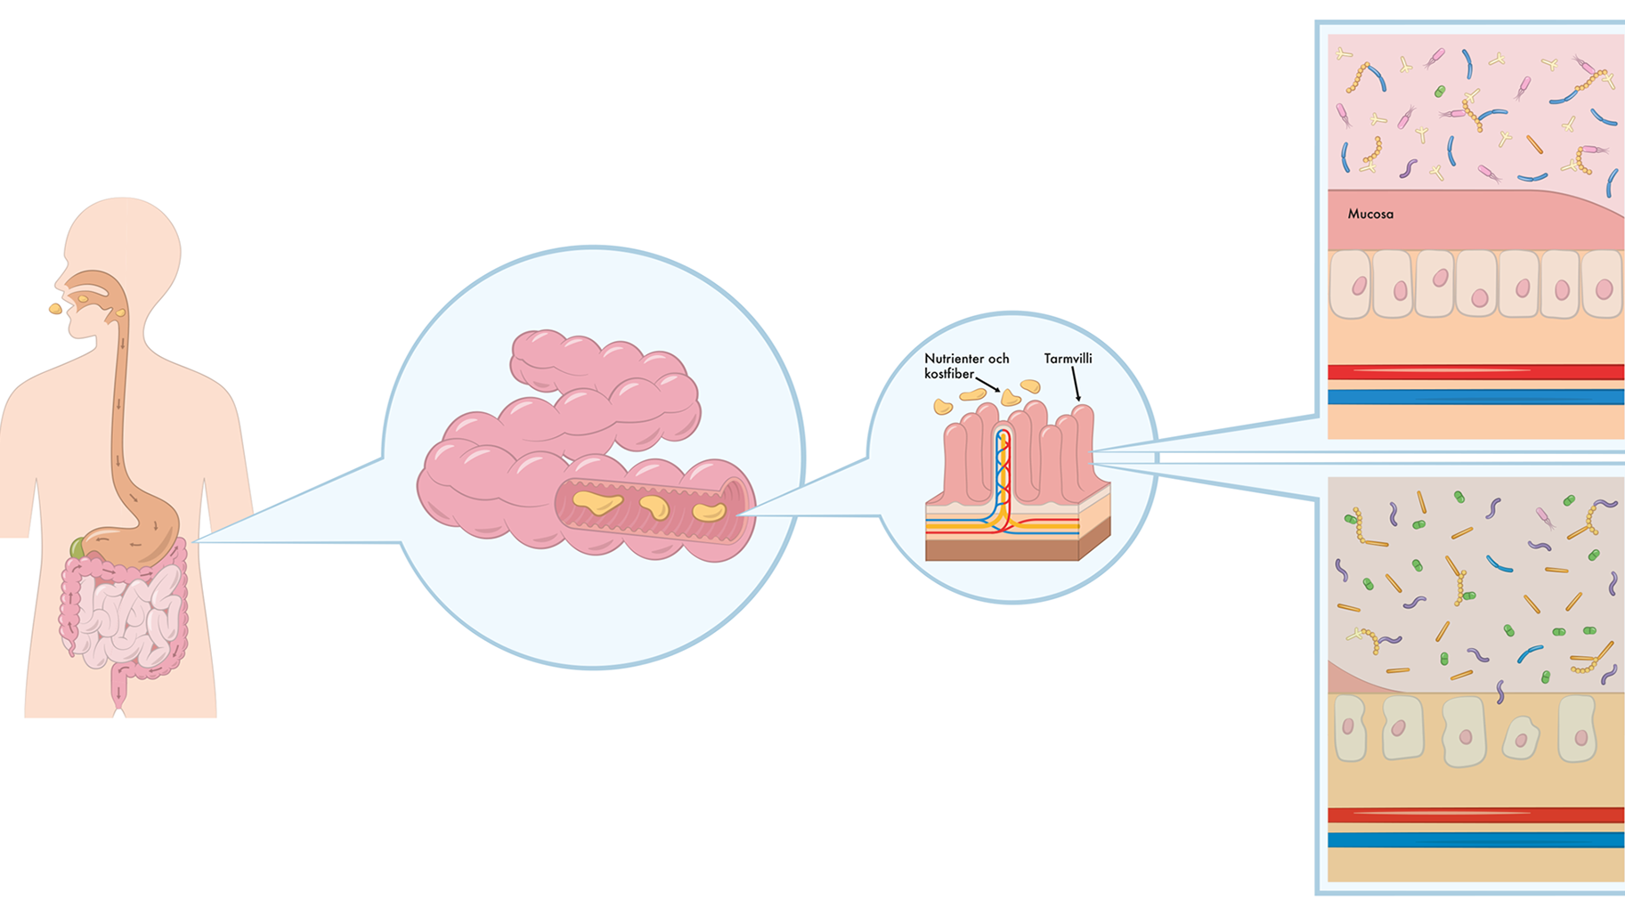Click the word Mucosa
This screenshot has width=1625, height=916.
(x=1370, y=215)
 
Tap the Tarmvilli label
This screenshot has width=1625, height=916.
(x=1068, y=359)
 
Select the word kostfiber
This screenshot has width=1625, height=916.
(x=948, y=374)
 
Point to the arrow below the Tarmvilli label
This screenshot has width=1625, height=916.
(x=1076, y=385)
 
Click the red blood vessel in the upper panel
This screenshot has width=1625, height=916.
(x=1475, y=372)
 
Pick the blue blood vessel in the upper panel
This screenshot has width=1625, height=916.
(x=1475, y=397)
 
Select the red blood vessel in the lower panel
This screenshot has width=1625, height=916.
(x=1475, y=815)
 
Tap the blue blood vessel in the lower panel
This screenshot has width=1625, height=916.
(x=1475, y=839)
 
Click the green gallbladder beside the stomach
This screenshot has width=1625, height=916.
(x=78, y=547)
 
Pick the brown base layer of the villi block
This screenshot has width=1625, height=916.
(x=1002, y=550)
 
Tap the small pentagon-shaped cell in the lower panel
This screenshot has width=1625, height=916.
(x=1521, y=738)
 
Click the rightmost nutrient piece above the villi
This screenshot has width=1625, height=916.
(x=1030, y=386)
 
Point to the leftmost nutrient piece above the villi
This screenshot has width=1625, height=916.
(x=942, y=408)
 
